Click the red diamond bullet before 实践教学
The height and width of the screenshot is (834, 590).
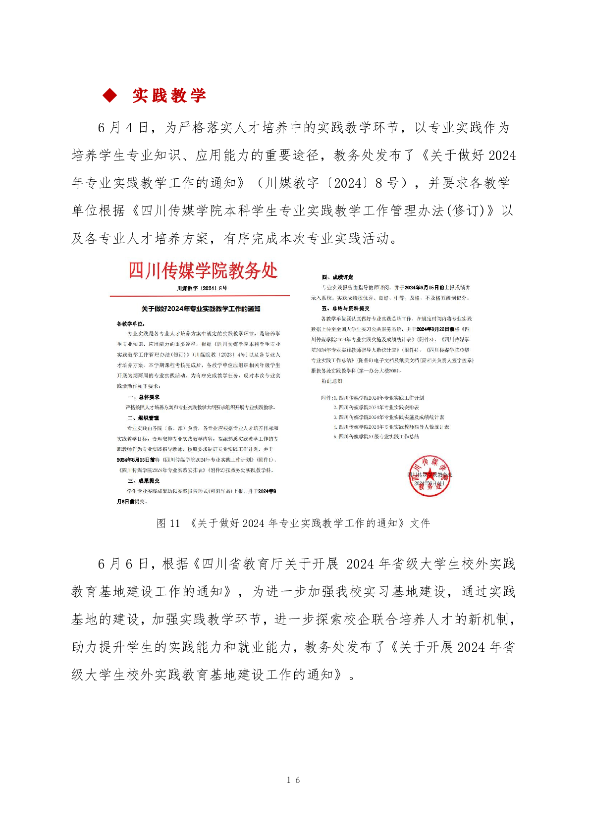[109, 95]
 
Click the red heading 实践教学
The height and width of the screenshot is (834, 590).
[169, 96]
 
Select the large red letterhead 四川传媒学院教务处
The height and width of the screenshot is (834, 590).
[203, 271]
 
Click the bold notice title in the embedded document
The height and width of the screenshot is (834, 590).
[201, 309]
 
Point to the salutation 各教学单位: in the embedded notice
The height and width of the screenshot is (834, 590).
[131, 323]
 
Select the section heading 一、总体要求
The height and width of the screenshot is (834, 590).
[144, 397]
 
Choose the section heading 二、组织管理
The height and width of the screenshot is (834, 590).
[144, 418]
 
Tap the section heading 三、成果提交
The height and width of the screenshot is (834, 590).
[144, 481]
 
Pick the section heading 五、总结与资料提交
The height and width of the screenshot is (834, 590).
[345, 309]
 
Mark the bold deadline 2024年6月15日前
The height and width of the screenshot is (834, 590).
[132, 460]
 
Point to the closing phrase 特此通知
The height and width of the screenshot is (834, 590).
[332, 381]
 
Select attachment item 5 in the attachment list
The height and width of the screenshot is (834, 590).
[376, 437]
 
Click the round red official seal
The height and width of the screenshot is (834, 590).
[429, 476]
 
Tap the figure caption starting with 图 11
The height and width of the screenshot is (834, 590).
[293, 523]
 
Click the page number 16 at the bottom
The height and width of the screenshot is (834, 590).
[293, 780]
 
